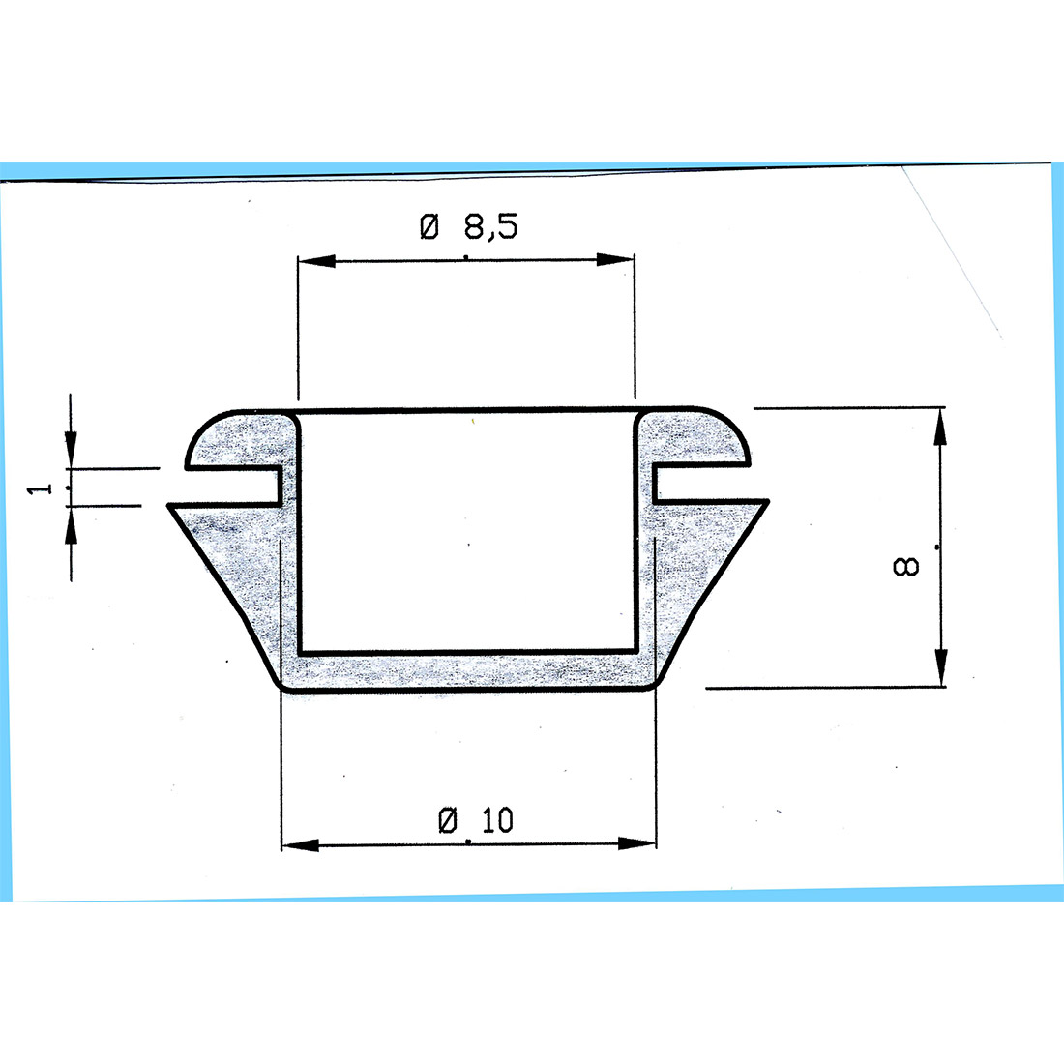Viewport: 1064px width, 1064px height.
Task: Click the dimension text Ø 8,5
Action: click(x=469, y=228)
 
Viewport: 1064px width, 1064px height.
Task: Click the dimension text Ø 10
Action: click(x=477, y=821)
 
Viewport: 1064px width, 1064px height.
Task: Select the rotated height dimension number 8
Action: click(x=906, y=566)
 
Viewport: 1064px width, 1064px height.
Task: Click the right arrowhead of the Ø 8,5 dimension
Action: click(x=615, y=260)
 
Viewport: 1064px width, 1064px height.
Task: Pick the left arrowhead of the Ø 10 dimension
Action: click(x=300, y=845)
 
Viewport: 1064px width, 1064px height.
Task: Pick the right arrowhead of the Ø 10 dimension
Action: click(x=635, y=843)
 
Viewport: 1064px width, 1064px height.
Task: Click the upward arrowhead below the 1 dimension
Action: click(x=71, y=526)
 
